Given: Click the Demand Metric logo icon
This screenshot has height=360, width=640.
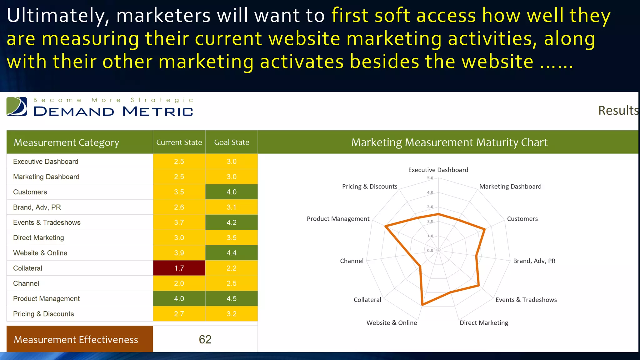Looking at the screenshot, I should point(17,107).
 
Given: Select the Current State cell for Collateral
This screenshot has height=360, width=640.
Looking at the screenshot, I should point(179,268).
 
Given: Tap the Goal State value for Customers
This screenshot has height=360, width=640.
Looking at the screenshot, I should point(232,192).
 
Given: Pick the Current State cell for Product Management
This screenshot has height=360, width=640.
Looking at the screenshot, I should point(179,299).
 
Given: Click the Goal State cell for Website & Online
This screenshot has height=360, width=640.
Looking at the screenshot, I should point(232,253).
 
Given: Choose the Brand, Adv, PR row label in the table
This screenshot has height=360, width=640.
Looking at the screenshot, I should point(37,207).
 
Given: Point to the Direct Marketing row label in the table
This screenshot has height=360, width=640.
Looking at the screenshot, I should point(38,238).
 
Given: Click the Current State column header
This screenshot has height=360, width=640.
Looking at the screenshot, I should point(179,142).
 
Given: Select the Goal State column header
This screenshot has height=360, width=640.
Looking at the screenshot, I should point(232,142).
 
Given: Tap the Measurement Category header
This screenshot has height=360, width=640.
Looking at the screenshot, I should point(66,142).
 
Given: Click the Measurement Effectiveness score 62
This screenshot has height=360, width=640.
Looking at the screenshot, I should point(205,339).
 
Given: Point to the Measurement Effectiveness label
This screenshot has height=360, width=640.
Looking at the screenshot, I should point(76,340).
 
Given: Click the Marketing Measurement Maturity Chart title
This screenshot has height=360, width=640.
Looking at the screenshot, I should point(449,142).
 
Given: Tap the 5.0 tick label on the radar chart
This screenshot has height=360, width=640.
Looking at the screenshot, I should point(430,178).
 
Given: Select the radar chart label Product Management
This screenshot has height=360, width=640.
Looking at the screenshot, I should point(338,219).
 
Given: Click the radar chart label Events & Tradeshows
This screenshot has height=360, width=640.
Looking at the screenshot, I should point(526,300).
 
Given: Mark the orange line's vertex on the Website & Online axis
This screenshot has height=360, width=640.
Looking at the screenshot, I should point(422,305).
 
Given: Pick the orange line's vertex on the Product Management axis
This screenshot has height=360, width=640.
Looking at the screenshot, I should point(386,226).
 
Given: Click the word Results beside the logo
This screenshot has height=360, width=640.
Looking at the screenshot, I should point(618,111).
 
